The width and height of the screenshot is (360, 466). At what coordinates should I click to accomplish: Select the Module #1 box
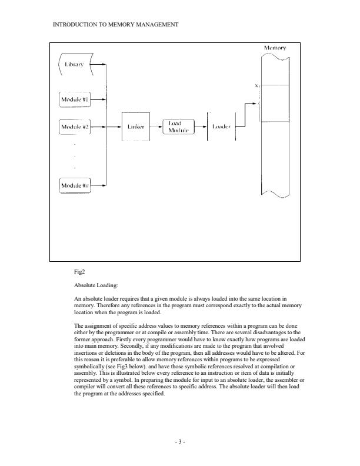75,99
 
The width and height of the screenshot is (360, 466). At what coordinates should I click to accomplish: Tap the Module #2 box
75,126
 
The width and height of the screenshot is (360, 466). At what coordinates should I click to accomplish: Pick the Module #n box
75,185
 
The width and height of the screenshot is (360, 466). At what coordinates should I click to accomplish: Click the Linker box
135,126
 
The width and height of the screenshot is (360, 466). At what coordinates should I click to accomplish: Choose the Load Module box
178,126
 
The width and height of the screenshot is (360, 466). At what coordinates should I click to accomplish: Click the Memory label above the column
274,48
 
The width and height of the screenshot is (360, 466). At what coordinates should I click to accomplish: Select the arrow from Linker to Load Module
156,126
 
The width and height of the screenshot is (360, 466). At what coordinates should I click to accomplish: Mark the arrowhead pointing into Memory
256,104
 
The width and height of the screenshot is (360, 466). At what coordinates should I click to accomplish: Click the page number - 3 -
179,440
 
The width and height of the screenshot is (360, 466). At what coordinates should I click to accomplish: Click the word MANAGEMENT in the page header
155,24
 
